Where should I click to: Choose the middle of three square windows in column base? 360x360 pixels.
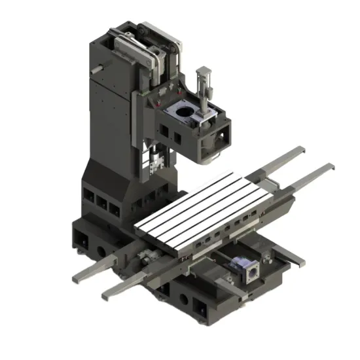[101, 204]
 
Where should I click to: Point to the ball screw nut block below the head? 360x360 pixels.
[155, 161]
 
